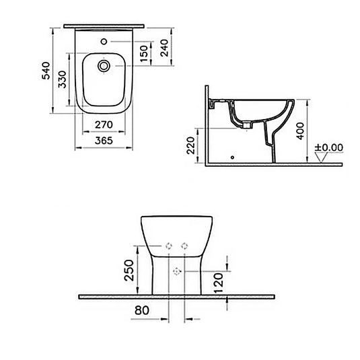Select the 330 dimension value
[x=61, y=81]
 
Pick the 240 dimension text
[x=164, y=47]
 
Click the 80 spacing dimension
[x=142, y=312]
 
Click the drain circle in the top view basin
[x=104, y=67]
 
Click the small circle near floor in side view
[x=232, y=159]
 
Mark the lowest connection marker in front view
[x=178, y=271]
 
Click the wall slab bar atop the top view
[x=104, y=26]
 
